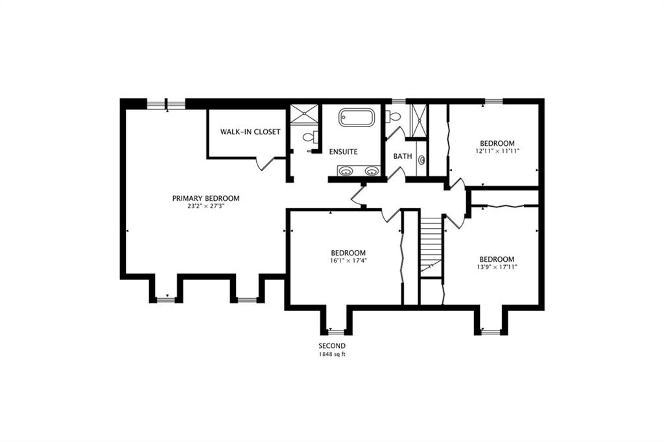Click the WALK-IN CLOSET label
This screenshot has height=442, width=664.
[x=250, y=132]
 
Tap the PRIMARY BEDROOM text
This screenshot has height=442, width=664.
[x=206, y=198]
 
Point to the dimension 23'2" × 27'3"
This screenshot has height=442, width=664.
[x=206, y=207]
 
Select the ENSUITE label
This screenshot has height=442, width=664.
[x=344, y=152]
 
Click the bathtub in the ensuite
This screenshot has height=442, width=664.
[x=357, y=117]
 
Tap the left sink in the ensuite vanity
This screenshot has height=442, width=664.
[x=346, y=171]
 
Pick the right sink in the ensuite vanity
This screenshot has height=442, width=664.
[x=372, y=171]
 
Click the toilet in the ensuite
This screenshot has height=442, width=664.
[x=311, y=136]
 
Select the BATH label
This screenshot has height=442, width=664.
[x=402, y=156]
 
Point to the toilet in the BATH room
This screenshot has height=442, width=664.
[x=394, y=116]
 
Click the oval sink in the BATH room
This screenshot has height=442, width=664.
[x=421, y=160]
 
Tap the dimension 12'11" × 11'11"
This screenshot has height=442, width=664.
[x=497, y=151]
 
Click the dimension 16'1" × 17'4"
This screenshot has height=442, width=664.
[x=348, y=261]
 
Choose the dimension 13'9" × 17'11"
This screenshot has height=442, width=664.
[x=497, y=267]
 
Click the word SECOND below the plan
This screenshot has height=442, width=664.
[x=332, y=346]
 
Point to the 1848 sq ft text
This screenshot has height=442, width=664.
[x=332, y=355]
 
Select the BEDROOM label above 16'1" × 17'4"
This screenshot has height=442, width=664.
[x=348, y=253]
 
